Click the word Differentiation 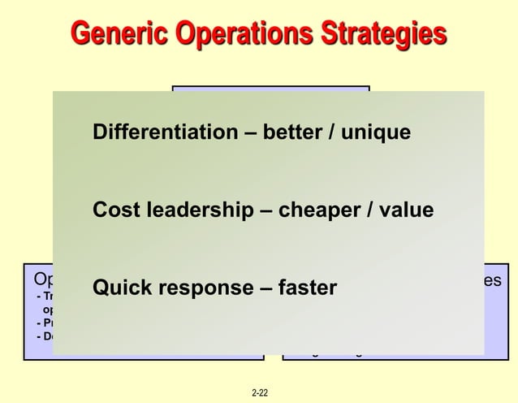(x=166, y=132)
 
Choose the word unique (x=375, y=132)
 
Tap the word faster (x=308, y=288)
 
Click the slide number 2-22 (x=260, y=393)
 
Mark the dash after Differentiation (x=252, y=132)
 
